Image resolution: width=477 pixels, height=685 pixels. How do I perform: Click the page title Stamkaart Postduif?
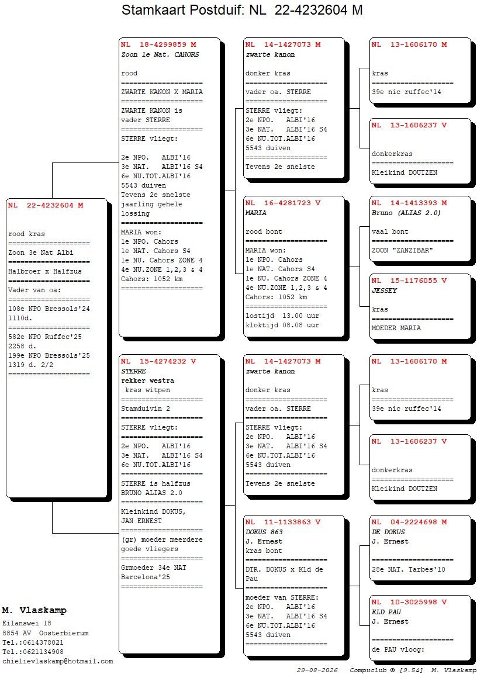click(x=182, y=10)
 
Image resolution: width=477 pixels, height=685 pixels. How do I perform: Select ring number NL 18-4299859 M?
click(x=158, y=44)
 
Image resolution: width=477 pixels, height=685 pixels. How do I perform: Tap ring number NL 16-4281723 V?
click(x=283, y=203)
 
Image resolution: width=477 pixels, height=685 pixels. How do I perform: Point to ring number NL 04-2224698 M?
click(x=409, y=522)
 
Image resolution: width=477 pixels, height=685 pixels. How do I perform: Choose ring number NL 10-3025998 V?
click(x=409, y=602)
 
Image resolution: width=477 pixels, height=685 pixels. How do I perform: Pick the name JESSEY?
click(x=385, y=290)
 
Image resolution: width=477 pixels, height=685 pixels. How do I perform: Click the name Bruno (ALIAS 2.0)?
click(x=406, y=213)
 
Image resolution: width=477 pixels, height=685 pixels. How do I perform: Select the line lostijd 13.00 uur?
click(x=282, y=316)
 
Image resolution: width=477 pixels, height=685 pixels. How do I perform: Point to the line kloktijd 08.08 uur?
click(x=282, y=326)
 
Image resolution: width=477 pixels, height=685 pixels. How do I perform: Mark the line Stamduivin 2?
click(x=146, y=409)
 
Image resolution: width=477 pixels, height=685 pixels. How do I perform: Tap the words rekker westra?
click(x=148, y=381)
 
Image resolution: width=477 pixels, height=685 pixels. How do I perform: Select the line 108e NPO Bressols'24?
click(x=49, y=309)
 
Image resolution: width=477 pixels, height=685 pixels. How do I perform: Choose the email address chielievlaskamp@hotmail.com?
click(x=58, y=662)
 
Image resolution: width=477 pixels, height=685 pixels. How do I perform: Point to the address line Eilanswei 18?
click(x=27, y=624)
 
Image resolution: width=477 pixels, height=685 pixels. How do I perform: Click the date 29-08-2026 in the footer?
click(x=317, y=670)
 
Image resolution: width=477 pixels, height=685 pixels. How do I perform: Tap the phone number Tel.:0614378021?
click(x=33, y=642)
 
